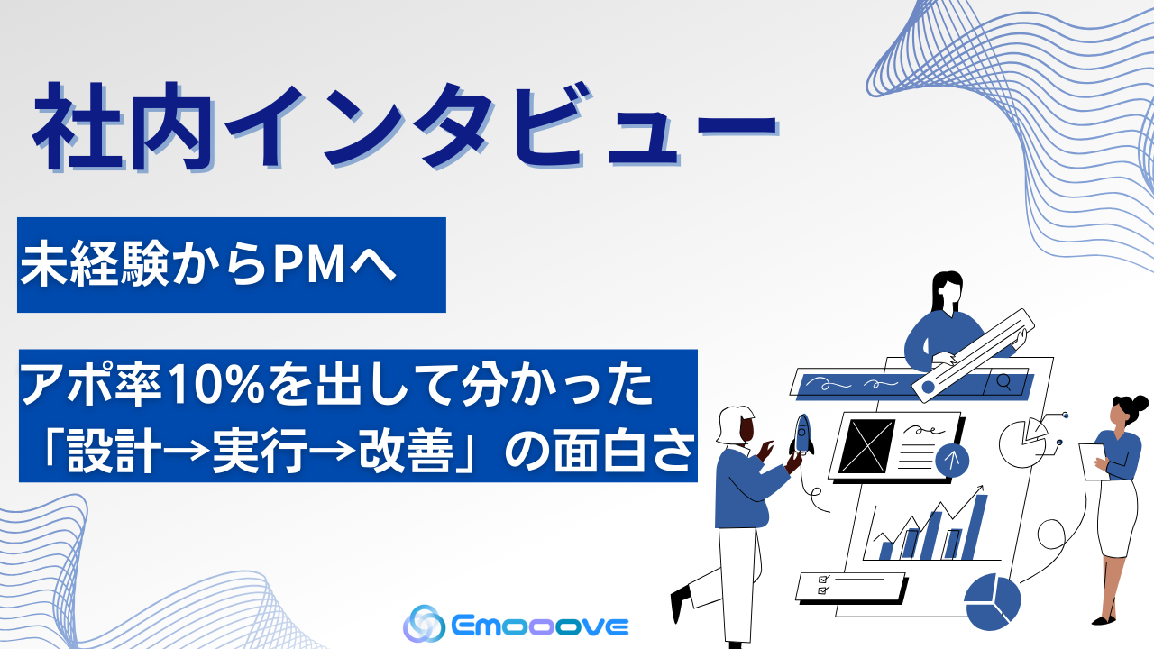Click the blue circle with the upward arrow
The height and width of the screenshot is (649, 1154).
tap(952, 460)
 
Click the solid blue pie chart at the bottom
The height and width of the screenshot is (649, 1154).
tap(991, 602)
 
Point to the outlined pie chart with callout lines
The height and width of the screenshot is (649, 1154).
tap(1024, 441)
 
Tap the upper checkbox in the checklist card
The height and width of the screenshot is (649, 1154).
tap(821, 578)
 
